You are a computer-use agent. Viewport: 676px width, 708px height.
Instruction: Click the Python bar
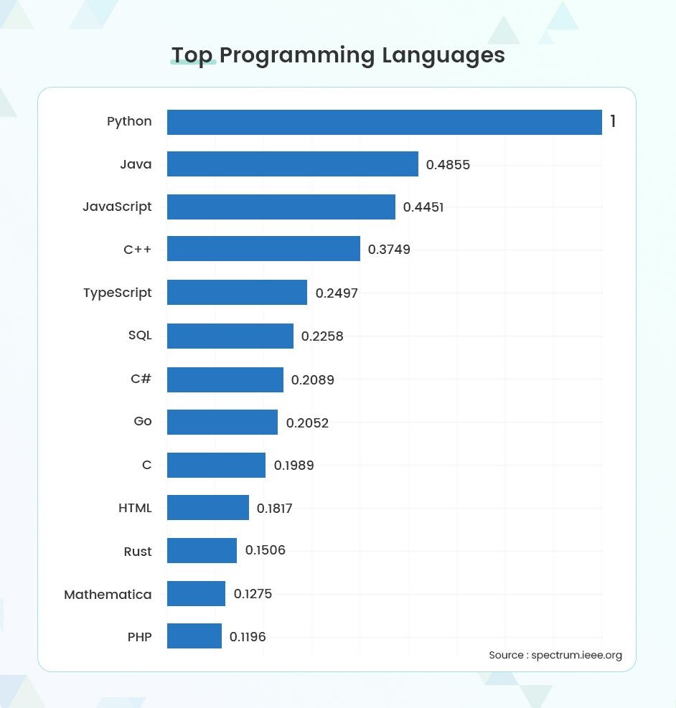pyautogui.click(x=384, y=122)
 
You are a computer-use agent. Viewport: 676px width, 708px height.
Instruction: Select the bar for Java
pyautogui.click(x=292, y=164)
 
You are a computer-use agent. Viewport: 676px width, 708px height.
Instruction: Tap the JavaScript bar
pyautogui.click(x=281, y=207)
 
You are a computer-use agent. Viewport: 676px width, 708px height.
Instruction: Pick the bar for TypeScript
pyautogui.click(x=237, y=293)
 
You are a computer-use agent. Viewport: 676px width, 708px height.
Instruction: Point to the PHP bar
pyautogui.click(x=194, y=636)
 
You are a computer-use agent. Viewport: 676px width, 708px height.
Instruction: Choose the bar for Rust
pyautogui.click(x=202, y=551)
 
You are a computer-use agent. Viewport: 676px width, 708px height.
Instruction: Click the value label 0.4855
pyautogui.click(x=448, y=165)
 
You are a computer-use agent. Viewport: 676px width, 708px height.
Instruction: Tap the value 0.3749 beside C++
pyautogui.click(x=389, y=250)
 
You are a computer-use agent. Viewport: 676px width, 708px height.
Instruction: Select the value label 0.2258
pyautogui.click(x=322, y=336)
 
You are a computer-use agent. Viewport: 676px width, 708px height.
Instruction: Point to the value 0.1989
pyautogui.click(x=294, y=466)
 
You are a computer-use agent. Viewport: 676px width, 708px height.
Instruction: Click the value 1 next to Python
pyautogui.click(x=613, y=122)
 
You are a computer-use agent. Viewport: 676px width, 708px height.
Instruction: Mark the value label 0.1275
pyautogui.click(x=253, y=594)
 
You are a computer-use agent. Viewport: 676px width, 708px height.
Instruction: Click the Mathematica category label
pyautogui.click(x=108, y=595)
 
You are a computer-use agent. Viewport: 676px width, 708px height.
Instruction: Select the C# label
pyautogui.click(x=141, y=379)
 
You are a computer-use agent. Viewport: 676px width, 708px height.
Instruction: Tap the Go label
pyautogui.click(x=143, y=421)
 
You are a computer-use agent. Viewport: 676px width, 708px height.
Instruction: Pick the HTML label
pyautogui.click(x=135, y=508)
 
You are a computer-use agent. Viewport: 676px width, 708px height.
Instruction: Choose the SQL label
pyautogui.click(x=140, y=335)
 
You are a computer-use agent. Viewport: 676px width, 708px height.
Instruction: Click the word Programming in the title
pyautogui.click(x=296, y=56)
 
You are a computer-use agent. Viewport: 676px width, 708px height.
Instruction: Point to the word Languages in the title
pyautogui.click(x=443, y=55)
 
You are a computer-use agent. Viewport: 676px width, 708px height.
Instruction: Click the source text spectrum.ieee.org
pyautogui.click(x=576, y=655)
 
